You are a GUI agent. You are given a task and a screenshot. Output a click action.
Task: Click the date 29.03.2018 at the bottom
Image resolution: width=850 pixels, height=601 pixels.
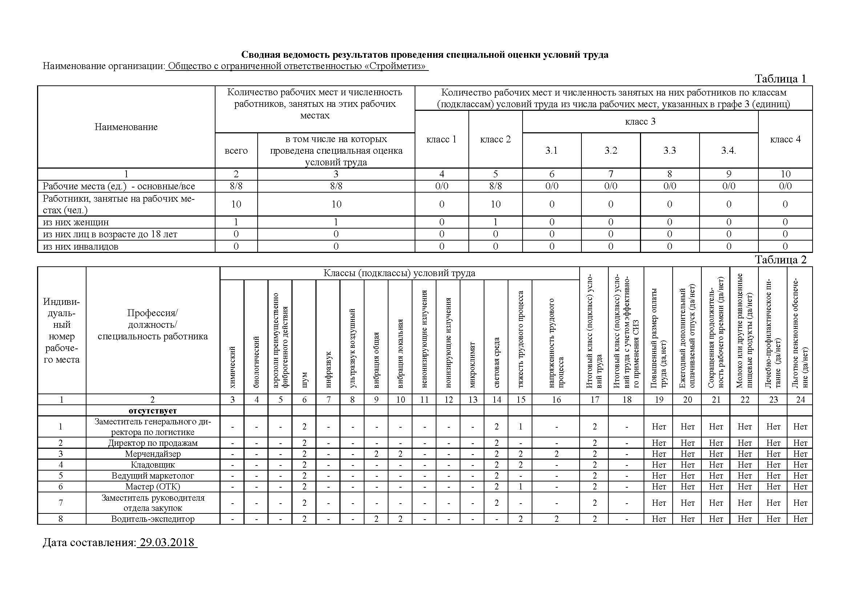167,542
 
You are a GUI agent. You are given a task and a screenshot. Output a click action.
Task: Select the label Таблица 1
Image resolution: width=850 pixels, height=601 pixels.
780,79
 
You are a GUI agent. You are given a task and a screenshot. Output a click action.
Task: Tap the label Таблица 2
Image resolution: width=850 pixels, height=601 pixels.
780,260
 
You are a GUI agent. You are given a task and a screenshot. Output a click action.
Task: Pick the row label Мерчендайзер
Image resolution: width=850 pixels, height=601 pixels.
153,454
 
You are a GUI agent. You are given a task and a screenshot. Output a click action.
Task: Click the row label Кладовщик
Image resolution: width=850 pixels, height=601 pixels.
153,465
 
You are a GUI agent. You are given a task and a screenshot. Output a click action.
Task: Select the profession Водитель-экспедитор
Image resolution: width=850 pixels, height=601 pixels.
153,519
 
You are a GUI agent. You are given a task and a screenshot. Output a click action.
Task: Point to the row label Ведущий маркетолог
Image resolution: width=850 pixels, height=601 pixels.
153,476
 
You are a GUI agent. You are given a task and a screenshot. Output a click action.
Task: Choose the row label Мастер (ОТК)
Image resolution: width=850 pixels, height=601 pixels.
153,486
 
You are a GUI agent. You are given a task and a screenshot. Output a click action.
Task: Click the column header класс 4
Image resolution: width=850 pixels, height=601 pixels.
785,140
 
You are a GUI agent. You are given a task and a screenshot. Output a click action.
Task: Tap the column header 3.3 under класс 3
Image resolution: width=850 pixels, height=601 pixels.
669,151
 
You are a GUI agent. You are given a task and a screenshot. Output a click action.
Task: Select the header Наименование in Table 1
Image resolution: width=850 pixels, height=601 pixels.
126,127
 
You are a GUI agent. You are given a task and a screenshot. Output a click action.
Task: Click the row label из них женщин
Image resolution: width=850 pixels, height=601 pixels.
76,222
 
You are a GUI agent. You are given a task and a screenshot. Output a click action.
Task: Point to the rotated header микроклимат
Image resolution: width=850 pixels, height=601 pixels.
472,365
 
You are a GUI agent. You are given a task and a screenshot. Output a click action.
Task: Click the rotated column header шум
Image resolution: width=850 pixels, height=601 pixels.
304,380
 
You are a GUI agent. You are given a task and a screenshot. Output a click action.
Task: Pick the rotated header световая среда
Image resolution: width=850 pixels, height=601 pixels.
496,363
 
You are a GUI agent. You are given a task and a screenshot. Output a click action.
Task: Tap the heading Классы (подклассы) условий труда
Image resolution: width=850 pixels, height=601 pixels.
399,273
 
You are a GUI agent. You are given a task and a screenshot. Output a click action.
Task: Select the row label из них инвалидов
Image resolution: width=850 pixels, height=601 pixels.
81,246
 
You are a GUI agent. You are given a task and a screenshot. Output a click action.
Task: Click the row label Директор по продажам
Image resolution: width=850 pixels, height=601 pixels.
153,443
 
